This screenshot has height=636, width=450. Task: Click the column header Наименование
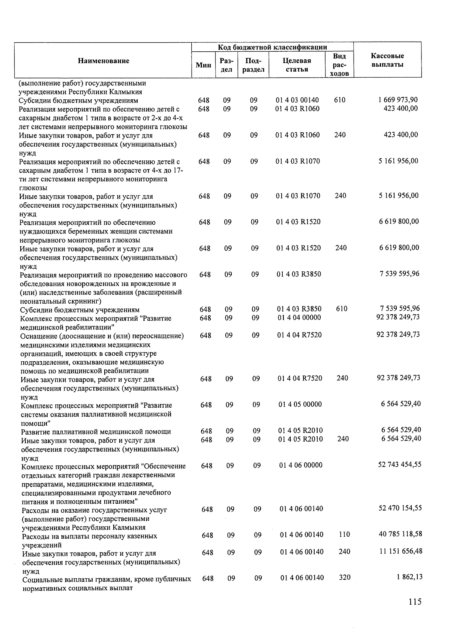pos(103,61)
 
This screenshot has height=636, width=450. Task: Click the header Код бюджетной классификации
pos(273,47)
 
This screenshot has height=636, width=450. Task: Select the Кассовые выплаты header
pos(387,60)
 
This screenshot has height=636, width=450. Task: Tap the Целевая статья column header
pos(297,65)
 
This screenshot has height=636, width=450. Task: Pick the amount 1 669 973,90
pos(398,100)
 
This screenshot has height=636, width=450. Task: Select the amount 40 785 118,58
pos(400,534)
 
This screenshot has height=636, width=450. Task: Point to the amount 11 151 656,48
pos(400,551)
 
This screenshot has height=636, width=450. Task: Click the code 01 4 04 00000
pos(299,317)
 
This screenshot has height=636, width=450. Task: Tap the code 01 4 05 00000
pos(300,404)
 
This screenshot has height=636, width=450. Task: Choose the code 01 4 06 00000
pos(301,465)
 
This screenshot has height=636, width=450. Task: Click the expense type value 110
pos(344,534)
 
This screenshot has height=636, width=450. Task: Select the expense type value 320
pos(345,578)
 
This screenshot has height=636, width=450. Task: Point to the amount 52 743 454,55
pos(400,464)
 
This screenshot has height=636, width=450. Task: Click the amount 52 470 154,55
pos(400,508)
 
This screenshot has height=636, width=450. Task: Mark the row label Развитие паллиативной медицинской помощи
pos(96,431)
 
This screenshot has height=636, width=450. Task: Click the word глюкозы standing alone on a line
pos(33,188)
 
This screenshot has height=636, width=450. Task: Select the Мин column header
pos(204,65)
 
